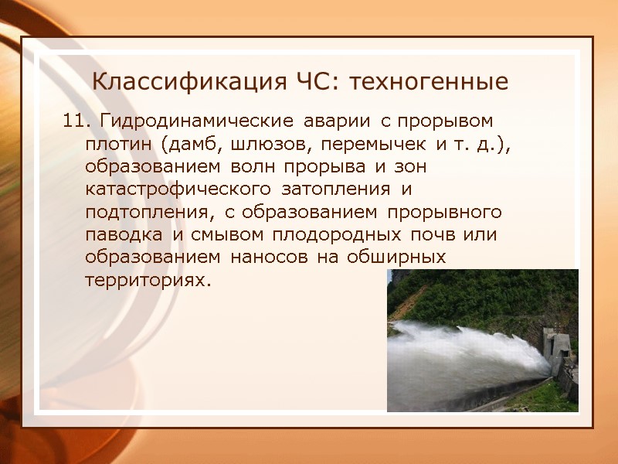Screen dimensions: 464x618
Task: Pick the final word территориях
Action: click(146, 279)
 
